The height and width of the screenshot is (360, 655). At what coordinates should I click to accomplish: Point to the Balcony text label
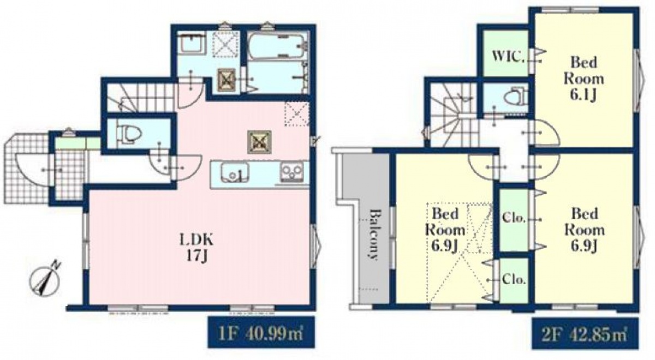tap(373, 235)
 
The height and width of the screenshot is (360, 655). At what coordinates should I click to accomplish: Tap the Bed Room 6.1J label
tap(583, 79)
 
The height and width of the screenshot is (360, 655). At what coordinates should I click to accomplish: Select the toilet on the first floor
tap(129, 134)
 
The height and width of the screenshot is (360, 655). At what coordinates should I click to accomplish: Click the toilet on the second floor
tap(515, 98)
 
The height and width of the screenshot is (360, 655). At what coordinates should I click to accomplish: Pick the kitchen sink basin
tap(235, 172)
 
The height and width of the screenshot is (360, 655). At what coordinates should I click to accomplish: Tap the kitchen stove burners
tap(292, 172)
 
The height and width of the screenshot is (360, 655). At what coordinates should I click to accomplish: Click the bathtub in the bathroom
tap(277, 46)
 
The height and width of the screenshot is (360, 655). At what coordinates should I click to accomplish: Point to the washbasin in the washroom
tap(192, 43)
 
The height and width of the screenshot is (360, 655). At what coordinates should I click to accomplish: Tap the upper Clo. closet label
tap(514, 218)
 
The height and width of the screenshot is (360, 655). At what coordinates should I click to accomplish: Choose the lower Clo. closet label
tap(514, 280)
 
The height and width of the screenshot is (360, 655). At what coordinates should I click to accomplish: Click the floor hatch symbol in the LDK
tap(259, 142)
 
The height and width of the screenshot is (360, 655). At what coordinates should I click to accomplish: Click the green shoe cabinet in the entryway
tap(78, 143)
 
